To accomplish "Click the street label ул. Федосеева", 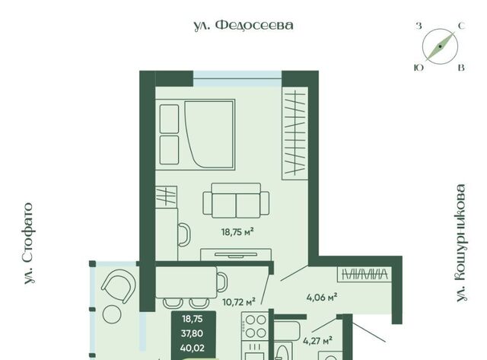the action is pyautogui.click(x=243, y=25).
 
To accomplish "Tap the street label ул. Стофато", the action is pyautogui.click(x=29, y=244).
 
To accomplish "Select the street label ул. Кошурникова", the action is pyautogui.click(x=461, y=243).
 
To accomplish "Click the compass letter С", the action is pyautogui.click(x=462, y=26).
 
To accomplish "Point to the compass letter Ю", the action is pyautogui.click(x=419, y=68).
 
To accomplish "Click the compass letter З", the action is pyautogui.click(x=419, y=26).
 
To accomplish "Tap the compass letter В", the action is pyautogui.click(x=462, y=68).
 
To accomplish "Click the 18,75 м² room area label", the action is pyautogui.click(x=237, y=231).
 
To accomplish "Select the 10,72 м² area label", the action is pyautogui.click(x=239, y=301).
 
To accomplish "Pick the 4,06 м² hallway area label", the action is pyautogui.click(x=322, y=298).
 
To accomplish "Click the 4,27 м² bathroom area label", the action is pyautogui.click(x=318, y=341).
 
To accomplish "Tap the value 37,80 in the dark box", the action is pyautogui.click(x=193, y=333).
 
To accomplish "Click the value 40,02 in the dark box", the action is pyautogui.click(x=193, y=348).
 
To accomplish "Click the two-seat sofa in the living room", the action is pyautogui.click(x=236, y=200).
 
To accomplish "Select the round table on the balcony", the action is pyautogui.click(x=112, y=314).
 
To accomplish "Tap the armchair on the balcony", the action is pyautogui.click(x=119, y=286).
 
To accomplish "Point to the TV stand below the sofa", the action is pyautogui.click(x=236, y=254).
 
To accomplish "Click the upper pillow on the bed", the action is pyautogui.click(x=169, y=119).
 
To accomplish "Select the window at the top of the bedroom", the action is pyautogui.click(x=237, y=78).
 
